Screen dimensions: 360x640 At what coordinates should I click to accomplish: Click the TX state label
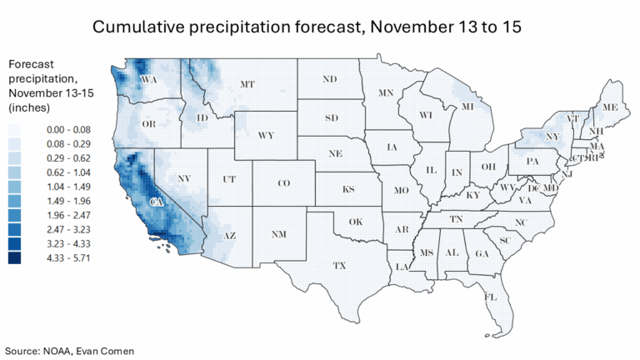(339, 266)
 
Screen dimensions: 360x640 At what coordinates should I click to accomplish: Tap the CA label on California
(155, 202)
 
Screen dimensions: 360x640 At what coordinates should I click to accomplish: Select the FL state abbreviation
(491, 297)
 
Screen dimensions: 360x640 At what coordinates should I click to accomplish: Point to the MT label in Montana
(247, 84)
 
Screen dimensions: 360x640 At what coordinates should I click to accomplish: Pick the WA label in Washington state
(150, 80)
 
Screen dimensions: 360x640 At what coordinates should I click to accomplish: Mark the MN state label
(386, 92)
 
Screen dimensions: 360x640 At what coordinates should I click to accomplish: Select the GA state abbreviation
(482, 253)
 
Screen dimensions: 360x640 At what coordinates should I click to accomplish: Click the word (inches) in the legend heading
(29, 108)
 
